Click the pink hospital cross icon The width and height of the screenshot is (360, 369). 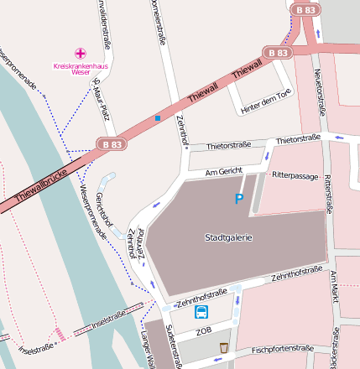point(81,53)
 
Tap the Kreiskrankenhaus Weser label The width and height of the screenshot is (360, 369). point(71,69)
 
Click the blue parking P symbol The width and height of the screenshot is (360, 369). point(239,199)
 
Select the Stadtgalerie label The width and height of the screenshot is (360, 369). point(228,238)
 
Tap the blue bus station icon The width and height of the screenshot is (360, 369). point(202,313)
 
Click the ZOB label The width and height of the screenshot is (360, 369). point(204,331)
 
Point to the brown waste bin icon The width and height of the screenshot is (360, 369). point(224,347)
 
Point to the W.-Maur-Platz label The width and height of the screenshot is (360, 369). point(101,91)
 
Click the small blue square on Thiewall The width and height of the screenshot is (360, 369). point(157,118)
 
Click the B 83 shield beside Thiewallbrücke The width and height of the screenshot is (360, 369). point(112,143)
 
